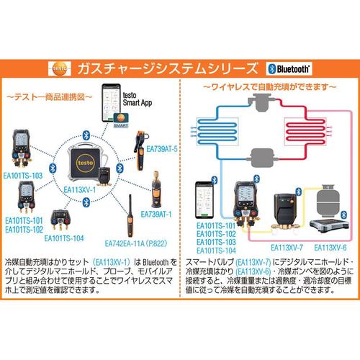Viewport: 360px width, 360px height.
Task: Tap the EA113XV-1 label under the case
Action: pyautogui.click(x=79, y=190)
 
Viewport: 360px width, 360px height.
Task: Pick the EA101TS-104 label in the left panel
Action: pyautogui.click(x=63, y=238)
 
